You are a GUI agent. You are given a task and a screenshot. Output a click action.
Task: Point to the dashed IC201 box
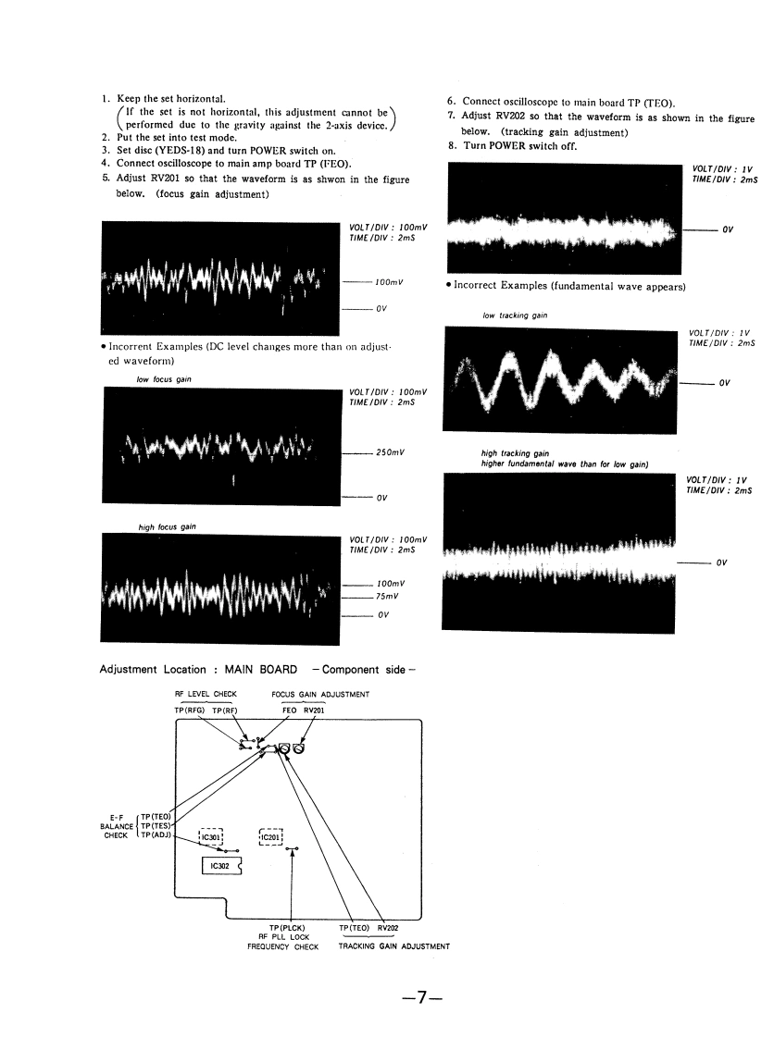[271, 837]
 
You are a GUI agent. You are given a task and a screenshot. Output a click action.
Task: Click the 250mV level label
[393, 453]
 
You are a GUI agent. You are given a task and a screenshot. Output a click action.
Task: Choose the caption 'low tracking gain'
[515, 315]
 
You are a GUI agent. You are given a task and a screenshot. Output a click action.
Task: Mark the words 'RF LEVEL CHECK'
[206, 694]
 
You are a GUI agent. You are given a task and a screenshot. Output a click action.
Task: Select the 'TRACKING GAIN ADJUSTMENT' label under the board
[394, 946]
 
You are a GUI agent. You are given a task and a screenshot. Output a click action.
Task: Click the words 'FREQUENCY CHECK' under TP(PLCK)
[282, 946]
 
